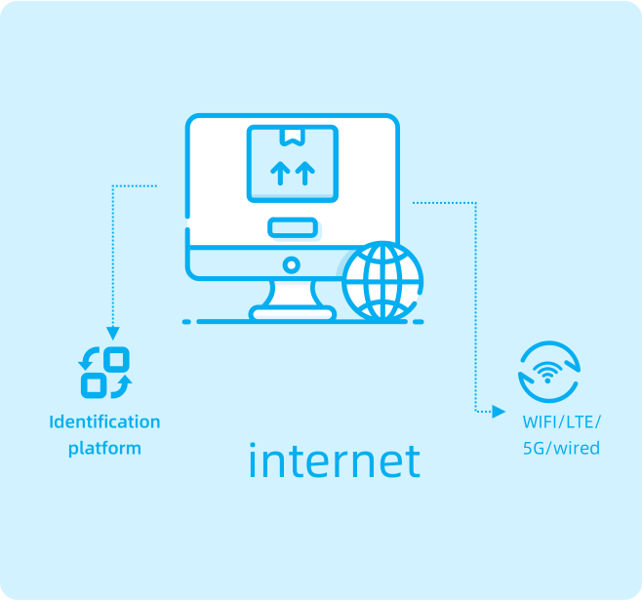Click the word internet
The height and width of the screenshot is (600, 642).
[335, 460]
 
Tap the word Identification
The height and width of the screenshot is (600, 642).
[104, 422]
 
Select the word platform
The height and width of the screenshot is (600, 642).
[104, 449]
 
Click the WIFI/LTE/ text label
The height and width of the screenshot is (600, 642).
[561, 422]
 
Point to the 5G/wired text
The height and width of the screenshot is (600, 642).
[561, 448]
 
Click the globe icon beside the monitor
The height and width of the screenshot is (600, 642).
[382, 281]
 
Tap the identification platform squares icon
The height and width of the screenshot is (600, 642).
[105, 373]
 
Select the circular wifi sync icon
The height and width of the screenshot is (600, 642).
[549, 372]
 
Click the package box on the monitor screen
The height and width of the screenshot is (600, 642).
[293, 164]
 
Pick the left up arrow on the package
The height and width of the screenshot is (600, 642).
[280, 173]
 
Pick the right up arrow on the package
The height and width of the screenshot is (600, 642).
[305, 173]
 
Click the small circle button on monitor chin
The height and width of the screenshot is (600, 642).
[292, 265]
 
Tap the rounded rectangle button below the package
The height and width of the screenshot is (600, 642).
[293, 227]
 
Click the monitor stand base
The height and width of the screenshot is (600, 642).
[293, 313]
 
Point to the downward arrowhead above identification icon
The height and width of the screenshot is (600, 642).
[113, 333]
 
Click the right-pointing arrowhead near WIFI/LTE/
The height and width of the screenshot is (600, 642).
[499, 412]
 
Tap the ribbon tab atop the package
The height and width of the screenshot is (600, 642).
[293, 137]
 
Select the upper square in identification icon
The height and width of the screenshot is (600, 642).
[117, 360]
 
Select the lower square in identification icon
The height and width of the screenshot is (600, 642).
[94, 385]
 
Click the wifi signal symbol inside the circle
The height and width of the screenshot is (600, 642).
[547, 373]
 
